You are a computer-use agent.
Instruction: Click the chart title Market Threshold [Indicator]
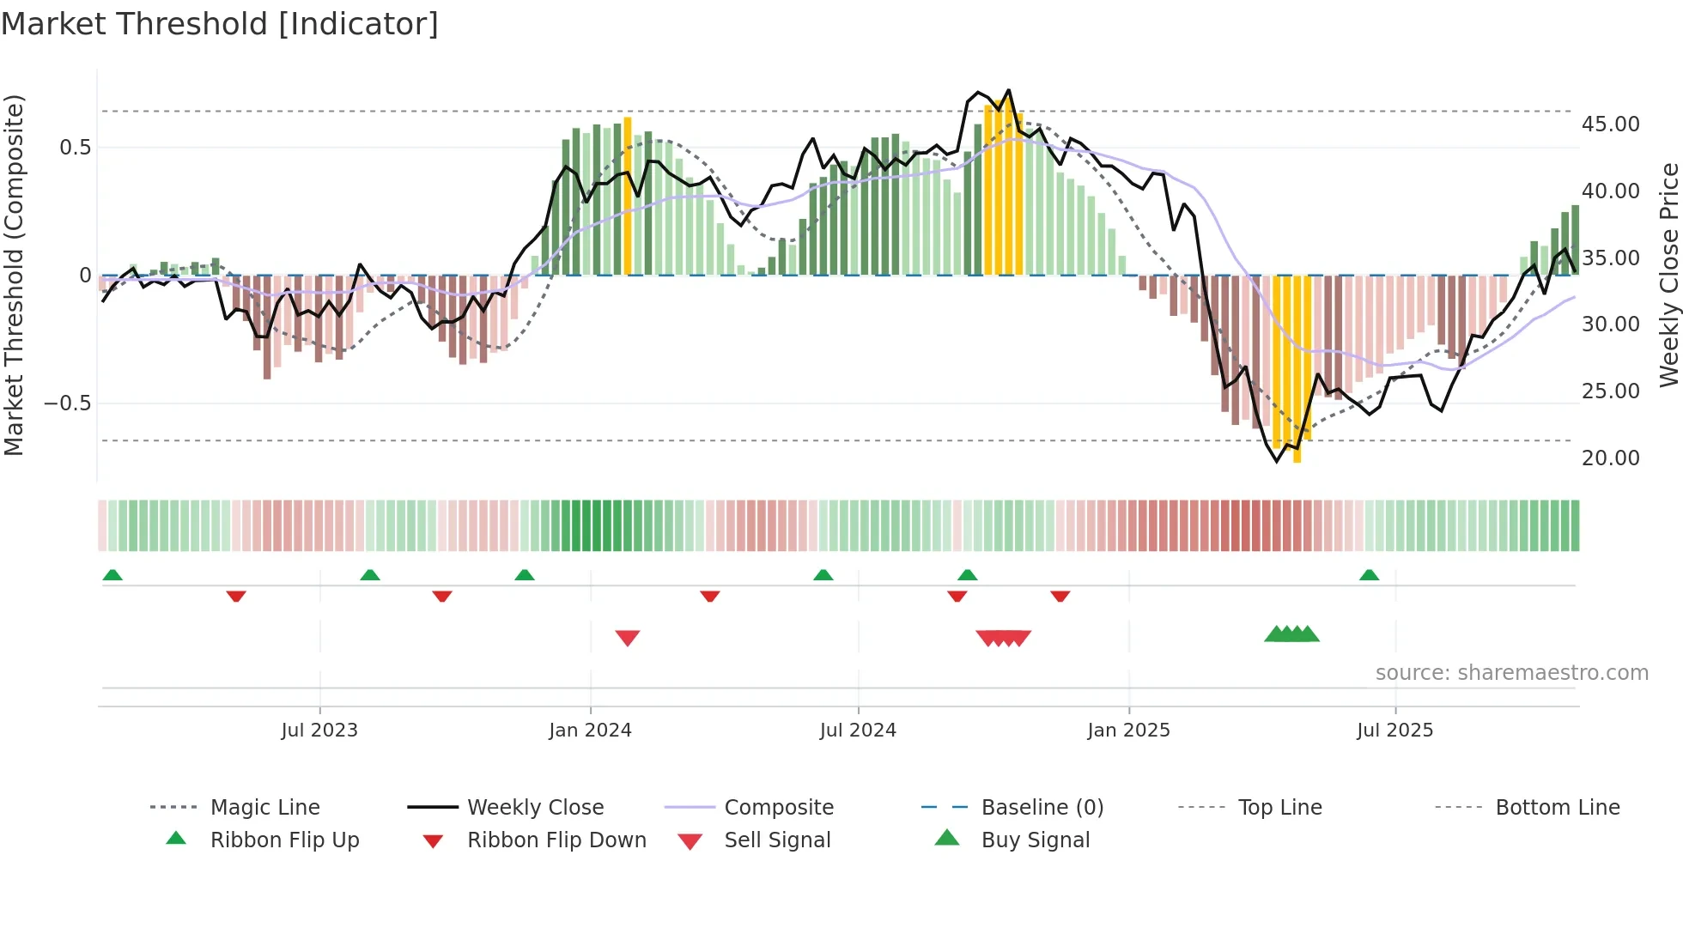click(x=220, y=24)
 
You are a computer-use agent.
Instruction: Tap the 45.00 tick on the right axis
click(x=1610, y=124)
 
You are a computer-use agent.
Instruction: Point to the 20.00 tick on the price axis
click(x=1610, y=458)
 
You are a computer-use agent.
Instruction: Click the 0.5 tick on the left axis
click(x=75, y=148)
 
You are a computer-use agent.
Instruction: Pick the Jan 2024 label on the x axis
click(x=590, y=731)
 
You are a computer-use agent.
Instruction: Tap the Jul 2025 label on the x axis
click(x=1394, y=731)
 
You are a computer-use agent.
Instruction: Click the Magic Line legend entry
click(x=264, y=808)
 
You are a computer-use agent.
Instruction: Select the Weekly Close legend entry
click(x=535, y=808)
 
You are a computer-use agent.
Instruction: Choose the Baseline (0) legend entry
click(x=1042, y=808)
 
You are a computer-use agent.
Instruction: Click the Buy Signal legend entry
click(x=1035, y=840)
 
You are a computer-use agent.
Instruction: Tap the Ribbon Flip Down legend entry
click(x=556, y=840)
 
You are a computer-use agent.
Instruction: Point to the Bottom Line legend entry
click(x=1557, y=808)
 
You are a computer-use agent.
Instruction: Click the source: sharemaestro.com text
click(x=1511, y=673)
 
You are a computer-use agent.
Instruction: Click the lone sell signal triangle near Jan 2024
click(x=628, y=638)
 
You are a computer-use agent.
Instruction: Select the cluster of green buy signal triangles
click(x=1291, y=634)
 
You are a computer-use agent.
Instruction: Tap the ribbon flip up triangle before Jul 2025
click(x=1369, y=575)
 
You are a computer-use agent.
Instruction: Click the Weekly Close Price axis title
click(x=1668, y=275)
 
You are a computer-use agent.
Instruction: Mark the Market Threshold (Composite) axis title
click(x=14, y=275)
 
